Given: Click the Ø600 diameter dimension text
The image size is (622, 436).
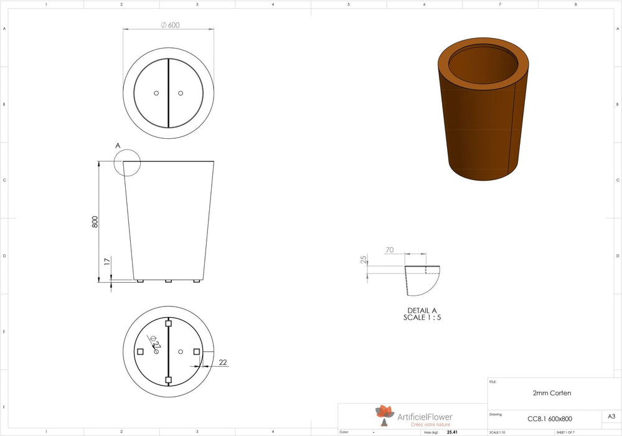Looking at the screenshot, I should pyautogui.click(x=170, y=25).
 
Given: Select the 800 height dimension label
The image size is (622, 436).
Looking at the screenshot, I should pyautogui.click(x=95, y=222).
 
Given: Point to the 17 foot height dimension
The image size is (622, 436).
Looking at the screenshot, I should pyautogui.click(x=107, y=263).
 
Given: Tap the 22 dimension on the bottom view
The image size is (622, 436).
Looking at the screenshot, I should pyautogui.click(x=224, y=362).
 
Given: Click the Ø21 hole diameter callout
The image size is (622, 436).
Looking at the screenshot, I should pyautogui.click(x=156, y=343).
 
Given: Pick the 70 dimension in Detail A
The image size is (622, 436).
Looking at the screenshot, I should pyautogui.click(x=389, y=250).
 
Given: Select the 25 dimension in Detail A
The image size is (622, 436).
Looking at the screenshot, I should pyautogui.click(x=363, y=260).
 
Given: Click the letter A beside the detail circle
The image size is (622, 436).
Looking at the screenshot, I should pyautogui.click(x=118, y=146).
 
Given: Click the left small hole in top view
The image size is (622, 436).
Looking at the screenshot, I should pyautogui.click(x=156, y=93).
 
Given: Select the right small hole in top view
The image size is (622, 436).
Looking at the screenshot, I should pyautogui.click(x=181, y=93).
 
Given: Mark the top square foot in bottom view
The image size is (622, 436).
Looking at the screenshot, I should pyautogui.click(x=168, y=323).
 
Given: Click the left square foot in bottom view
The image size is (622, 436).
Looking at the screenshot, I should pyautogui.click(x=140, y=352).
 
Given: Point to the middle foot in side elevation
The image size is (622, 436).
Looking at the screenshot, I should pyautogui.click(x=168, y=281).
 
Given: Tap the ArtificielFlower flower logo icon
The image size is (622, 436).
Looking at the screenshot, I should pyautogui.click(x=384, y=413).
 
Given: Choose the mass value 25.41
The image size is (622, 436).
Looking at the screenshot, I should pyautogui.click(x=452, y=432).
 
